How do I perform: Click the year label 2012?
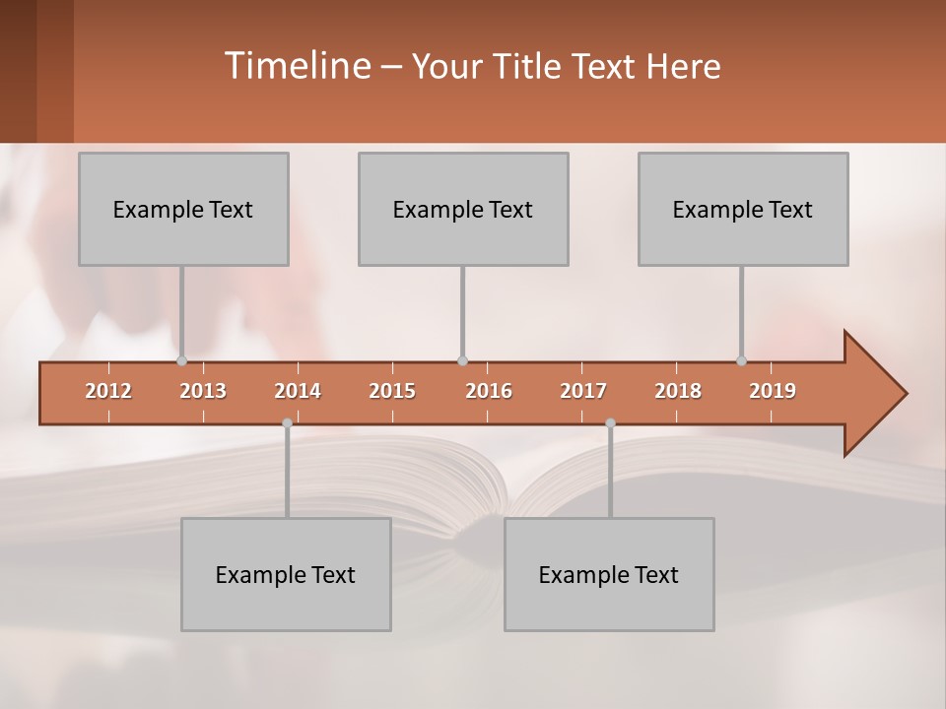click(108, 392)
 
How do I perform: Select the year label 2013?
click(203, 392)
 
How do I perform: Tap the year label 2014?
click(298, 392)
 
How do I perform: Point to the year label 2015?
click(392, 392)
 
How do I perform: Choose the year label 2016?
click(489, 392)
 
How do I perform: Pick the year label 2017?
click(583, 392)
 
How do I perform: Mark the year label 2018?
click(678, 392)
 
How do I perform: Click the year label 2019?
click(773, 392)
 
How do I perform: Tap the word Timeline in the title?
click(297, 66)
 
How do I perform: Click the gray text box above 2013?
click(183, 210)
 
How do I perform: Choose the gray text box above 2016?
click(463, 210)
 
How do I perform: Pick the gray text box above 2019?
click(743, 210)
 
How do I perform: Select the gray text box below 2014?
click(286, 575)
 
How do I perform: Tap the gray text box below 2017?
click(609, 575)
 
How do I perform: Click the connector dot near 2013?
click(181, 361)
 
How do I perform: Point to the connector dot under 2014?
click(287, 422)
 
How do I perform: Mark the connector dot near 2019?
click(741, 361)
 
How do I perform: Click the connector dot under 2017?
click(610, 422)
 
